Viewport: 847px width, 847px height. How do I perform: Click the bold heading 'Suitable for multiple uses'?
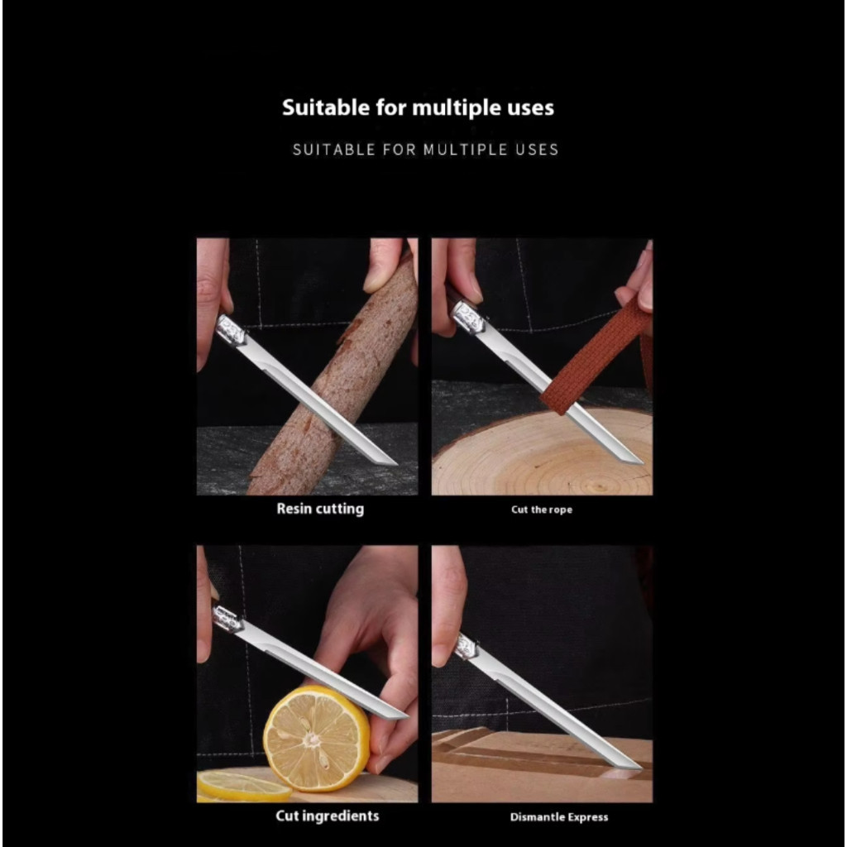418,108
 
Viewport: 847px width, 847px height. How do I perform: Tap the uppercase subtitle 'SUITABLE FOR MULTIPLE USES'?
426,150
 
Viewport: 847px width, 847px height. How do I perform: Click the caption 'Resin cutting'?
320,509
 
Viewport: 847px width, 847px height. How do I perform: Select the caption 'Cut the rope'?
542,510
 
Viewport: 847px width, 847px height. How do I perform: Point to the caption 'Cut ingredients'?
328,816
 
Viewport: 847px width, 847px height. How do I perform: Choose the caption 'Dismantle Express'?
559,817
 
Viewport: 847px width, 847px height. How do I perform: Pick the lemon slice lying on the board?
244,786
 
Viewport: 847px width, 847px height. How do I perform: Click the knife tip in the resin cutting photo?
396,463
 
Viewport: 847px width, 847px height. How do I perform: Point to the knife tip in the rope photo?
642,462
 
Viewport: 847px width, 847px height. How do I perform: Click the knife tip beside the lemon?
408,716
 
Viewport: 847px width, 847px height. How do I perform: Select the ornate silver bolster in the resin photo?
232,329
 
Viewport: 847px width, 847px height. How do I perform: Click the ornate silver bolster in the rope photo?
468,318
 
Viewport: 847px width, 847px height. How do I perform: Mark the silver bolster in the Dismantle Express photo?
467,648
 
